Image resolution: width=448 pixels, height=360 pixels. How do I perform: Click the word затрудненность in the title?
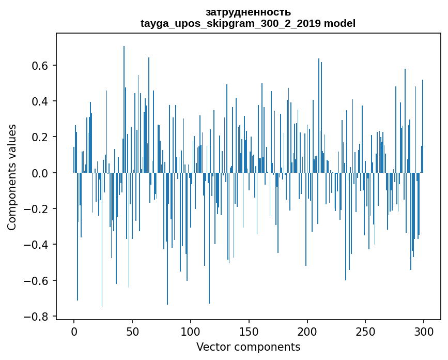point(248,12)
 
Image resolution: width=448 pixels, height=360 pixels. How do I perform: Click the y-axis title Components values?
point(12,177)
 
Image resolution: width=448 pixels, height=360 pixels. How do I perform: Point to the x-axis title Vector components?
point(248,347)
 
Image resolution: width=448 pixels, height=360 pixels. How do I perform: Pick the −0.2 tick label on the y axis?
point(38,209)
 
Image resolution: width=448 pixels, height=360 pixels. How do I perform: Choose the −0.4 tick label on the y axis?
point(38,245)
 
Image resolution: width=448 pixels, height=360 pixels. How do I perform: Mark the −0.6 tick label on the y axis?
point(38,280)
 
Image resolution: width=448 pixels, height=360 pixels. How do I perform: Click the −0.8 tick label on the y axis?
point(38,316)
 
